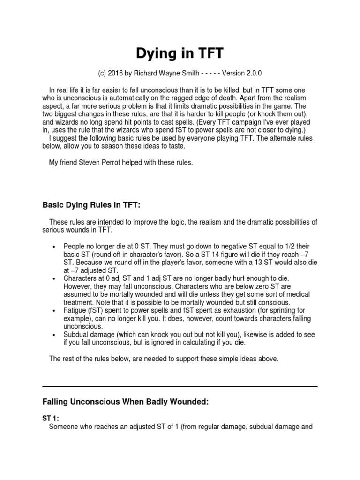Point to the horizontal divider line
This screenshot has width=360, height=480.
coord(180,386)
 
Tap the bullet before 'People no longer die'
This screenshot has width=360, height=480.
coord(55,247)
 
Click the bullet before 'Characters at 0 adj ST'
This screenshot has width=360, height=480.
coord(55,278)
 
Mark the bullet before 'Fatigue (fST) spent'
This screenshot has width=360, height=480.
coord(55,311)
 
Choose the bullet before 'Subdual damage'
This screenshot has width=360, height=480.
coord(55,335)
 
